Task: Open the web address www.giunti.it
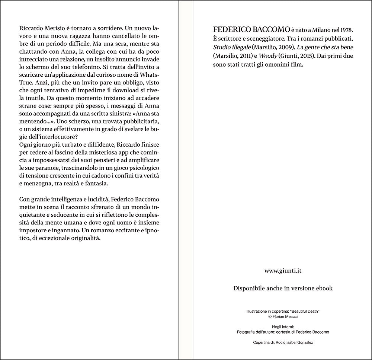tap(283, 271)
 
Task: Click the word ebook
tap(323, 288)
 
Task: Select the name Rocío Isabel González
tap(292, 342)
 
